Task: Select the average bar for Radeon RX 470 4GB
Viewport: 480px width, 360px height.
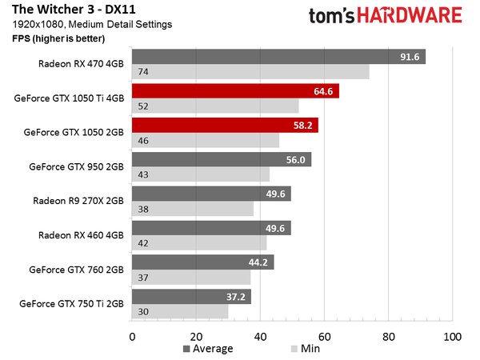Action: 278,57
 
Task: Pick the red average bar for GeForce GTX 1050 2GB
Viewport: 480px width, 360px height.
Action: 225,126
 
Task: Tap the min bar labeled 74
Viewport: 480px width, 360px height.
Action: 250,72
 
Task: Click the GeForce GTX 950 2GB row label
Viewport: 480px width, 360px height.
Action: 76,167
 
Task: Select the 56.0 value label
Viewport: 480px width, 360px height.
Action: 296,160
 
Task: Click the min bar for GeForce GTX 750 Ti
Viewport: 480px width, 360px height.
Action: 180,312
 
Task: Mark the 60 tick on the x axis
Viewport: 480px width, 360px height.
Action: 324,336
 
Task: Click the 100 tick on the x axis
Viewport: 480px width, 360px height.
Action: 452,336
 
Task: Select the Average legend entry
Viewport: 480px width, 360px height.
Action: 208,349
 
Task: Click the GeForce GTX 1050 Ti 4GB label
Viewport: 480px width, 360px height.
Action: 70,98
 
